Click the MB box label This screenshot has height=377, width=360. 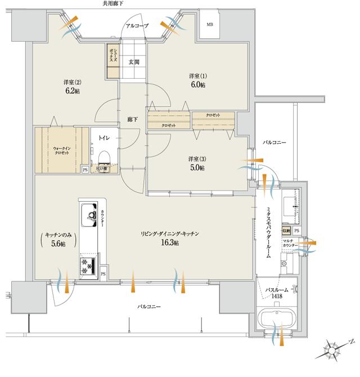pos(210,25)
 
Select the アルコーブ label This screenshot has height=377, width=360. pos(136,26)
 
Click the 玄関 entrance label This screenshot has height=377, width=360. pos(134,62)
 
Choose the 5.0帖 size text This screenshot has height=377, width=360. pos(197,168)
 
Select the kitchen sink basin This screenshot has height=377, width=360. pos(89,214)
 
